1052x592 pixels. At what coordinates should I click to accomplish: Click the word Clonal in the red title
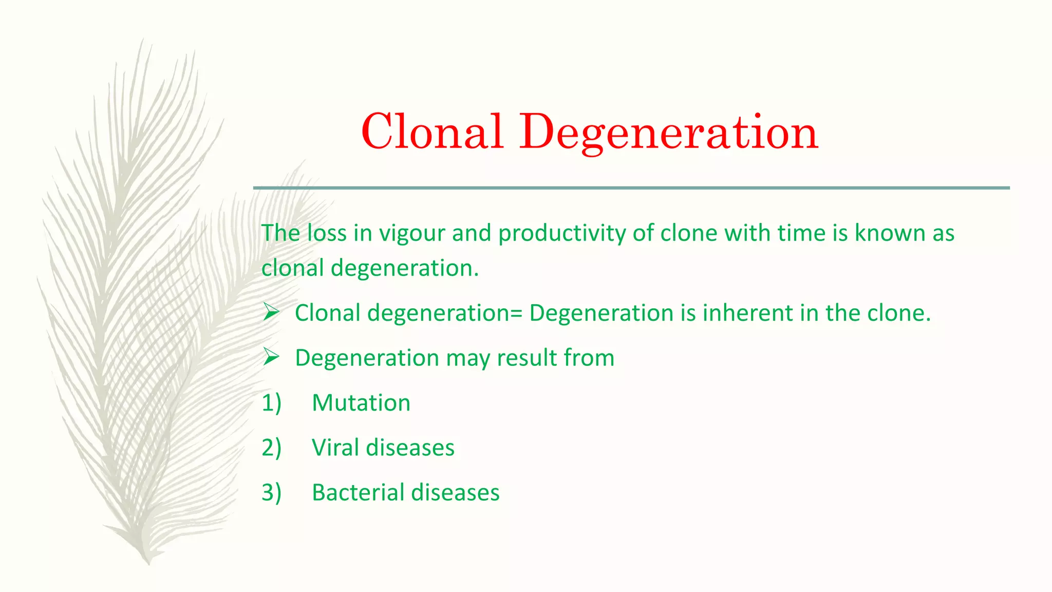(x=431, y=132)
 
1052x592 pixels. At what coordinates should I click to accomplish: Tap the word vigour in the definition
(x=412, y=233)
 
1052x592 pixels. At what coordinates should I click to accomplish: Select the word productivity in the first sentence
(x=561, y=233)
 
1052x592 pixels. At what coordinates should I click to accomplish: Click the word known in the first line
(x=890, y=233)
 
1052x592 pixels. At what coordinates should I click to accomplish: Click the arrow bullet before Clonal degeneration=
(x=271, y=312)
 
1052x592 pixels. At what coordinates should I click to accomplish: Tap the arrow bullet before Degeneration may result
(x=271, y=357)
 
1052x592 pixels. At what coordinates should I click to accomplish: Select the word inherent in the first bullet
(x=748, y=313)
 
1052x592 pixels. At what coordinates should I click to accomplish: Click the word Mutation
(x=361, y=402)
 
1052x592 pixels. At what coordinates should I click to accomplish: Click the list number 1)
(x=271, y=402)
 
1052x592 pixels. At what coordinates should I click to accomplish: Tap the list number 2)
(x=271, y=447)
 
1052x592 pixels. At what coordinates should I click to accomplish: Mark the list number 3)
(x=271, y=492)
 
